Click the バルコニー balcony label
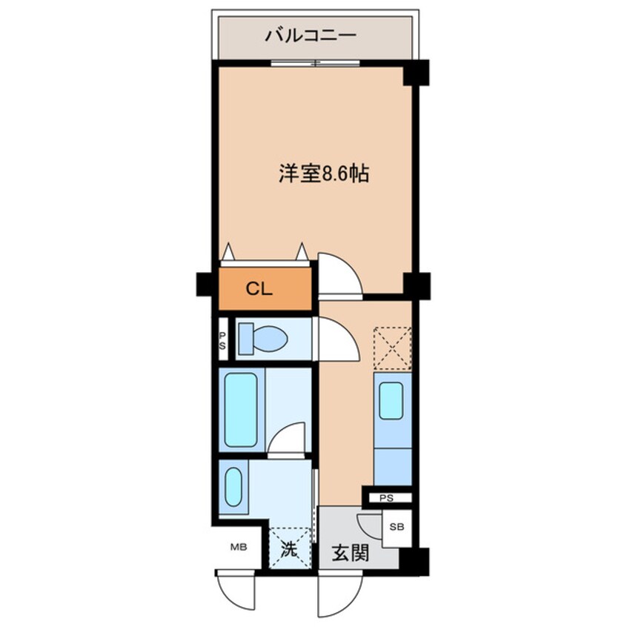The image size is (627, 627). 311,35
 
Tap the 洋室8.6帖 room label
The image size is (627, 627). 324,174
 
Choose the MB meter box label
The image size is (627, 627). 237,548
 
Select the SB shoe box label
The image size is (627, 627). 397,527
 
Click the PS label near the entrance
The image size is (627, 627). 386,498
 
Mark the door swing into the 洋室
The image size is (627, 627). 339,273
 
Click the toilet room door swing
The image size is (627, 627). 337,339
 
